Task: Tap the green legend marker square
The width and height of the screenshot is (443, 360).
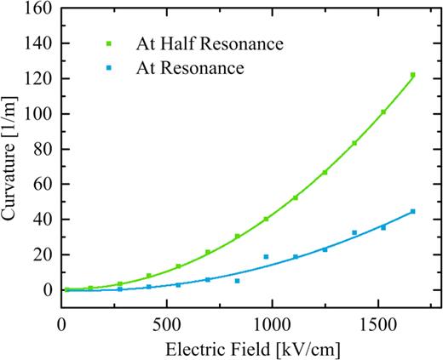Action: point(109,42)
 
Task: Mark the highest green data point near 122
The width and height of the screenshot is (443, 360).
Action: point(412,75)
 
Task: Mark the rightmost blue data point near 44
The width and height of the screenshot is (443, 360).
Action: point(412,212)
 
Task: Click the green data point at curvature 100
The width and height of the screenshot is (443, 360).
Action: point(383,112)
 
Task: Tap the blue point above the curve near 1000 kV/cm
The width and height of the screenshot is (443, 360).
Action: point(266,256)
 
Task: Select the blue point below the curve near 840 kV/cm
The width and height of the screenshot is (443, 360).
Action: point(237,281)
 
